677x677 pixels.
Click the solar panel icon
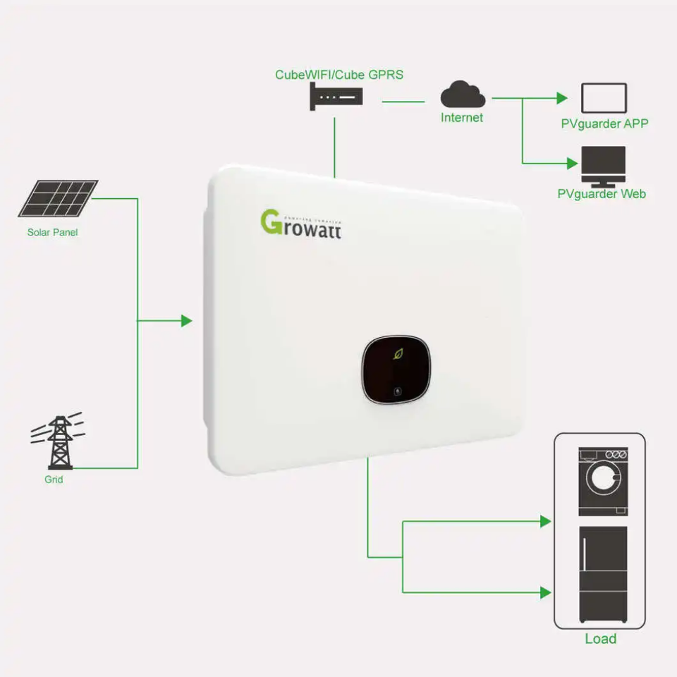tap(58, 198)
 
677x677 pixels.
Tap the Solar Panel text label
tap(53, 232)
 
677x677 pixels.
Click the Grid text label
tap(54, 480)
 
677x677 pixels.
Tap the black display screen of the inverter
tap(396, 370)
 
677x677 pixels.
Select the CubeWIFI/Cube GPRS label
tap(339, 74)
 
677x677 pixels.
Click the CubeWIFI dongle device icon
tap(336, 95)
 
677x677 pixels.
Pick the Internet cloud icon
tap(463, 94)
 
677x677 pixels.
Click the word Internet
tap(462, 118)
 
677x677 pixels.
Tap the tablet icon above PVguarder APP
tap(603, 98)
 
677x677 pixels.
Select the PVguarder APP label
tap(604, 124)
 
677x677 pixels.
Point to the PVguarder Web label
tap(602, 193)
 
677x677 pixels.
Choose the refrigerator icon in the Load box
tap(602, 573)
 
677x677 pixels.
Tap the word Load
tap(601, 639)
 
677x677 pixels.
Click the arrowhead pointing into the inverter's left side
tap(187, 321)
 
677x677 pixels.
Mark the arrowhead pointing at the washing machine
tap(545, 521)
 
